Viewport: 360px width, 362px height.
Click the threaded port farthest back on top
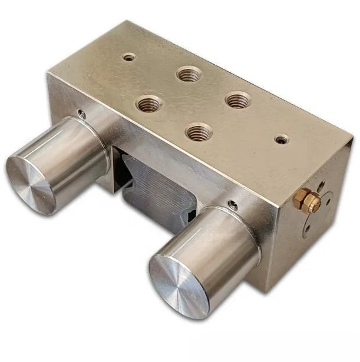point(189,74)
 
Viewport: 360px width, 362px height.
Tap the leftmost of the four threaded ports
point(149,105)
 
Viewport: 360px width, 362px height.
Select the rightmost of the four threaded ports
point(237,99)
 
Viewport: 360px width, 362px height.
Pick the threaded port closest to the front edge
point(199,131)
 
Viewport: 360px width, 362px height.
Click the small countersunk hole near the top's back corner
point(128,58)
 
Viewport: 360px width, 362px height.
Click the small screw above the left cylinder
point(81,114)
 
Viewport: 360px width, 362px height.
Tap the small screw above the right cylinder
point(234,205)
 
